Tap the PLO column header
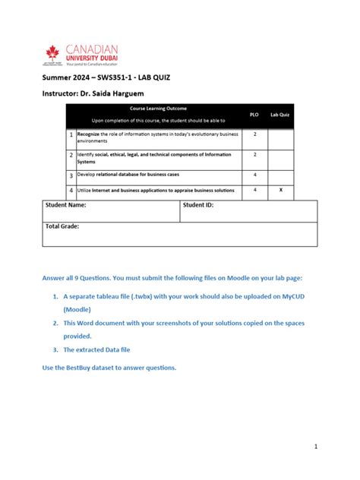pos(254,115)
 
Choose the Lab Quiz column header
pos(280,115)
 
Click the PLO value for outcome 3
pos(254,174)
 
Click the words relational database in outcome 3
pos(115,174)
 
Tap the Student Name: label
pos(66,205)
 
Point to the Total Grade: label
pos(63,226)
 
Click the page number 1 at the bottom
pos(314,447)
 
